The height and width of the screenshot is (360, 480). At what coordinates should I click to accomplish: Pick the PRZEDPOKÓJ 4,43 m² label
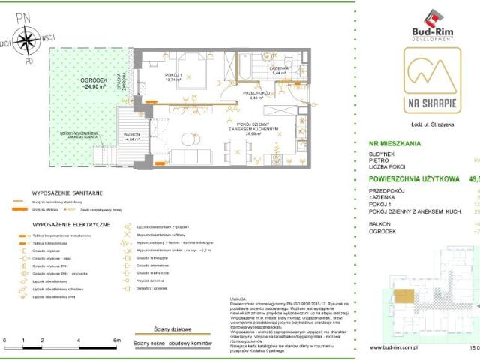(x=253, y=94)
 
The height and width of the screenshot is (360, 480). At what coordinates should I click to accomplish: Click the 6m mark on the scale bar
(x=117, y=340)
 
